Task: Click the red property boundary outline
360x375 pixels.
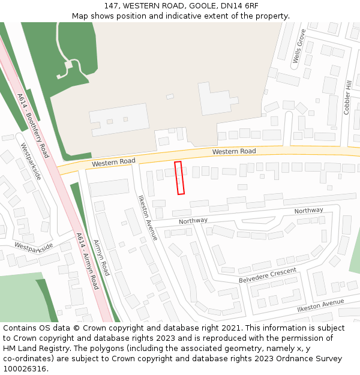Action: [179, 178]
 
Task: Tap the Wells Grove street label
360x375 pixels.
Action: [299, 46]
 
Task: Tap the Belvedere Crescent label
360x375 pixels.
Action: [268, 275]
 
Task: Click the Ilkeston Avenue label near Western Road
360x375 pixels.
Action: [148, 217]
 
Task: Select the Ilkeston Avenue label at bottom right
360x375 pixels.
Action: [320, 305]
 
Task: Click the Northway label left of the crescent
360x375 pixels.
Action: [193, 221]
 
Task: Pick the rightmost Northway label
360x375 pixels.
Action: [308, 211]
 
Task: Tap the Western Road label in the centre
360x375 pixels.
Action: [234, 151]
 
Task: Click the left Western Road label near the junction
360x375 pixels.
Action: [113, 162]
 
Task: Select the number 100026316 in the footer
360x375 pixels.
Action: [25, 368]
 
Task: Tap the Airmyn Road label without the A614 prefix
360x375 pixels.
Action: [101, 257]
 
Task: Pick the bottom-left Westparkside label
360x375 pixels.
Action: [34, 246]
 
